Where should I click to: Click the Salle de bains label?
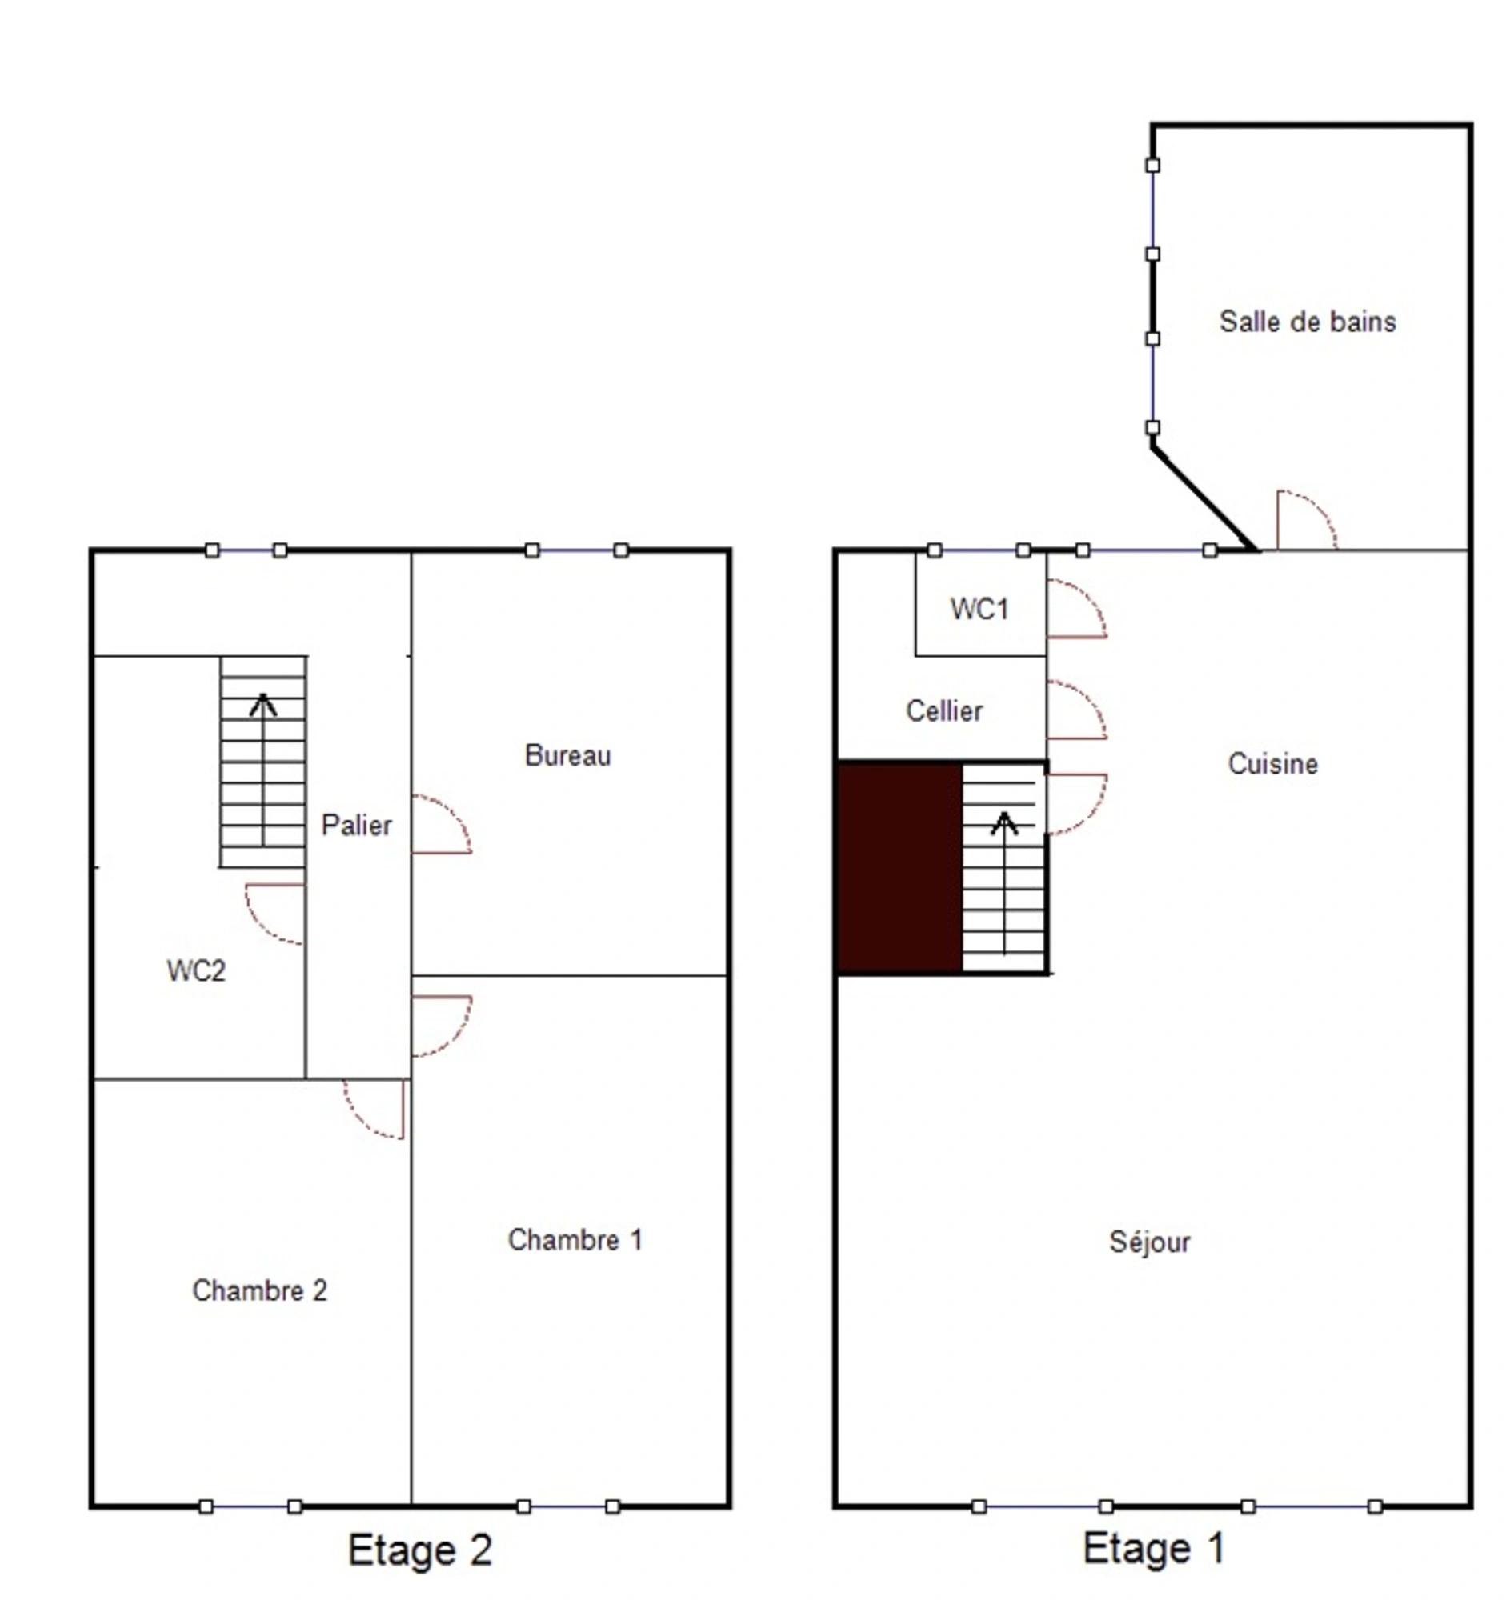tap(1308, 322)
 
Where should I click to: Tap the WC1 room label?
tap(979, 610)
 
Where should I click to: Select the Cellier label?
tap(944, 710)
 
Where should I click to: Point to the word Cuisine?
tap(1272, 763)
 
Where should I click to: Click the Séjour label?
tap(1149, 1242)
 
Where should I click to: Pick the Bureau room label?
tap(567, 755)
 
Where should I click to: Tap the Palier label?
tap(356, 825)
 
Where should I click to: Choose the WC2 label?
tap(196, 970)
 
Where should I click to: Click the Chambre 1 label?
tap(575, 1240)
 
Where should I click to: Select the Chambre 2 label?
tap(259, 1291)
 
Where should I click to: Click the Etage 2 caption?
tap(419, 1550)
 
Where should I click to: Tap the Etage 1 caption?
tap(1153, 1548)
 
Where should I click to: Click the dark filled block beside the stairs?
tap(900, 868)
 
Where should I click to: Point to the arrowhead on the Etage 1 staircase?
tap(1003, 822)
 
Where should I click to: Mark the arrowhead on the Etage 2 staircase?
tap(262, 705)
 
